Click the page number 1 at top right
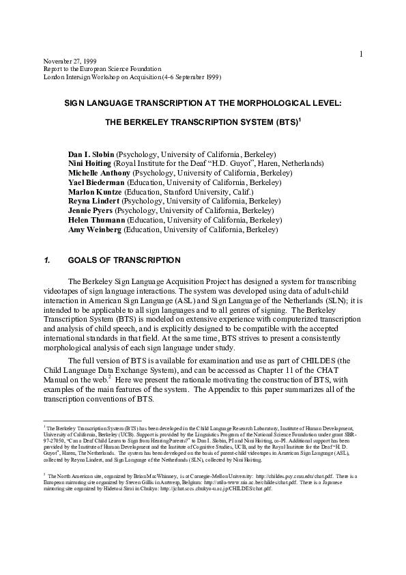[x=361, y=54]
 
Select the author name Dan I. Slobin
[x=91, y=154]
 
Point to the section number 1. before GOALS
[x=47, y=260]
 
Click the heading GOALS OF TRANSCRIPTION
[x=124, y=260]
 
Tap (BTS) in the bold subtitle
[x=282, y=126]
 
